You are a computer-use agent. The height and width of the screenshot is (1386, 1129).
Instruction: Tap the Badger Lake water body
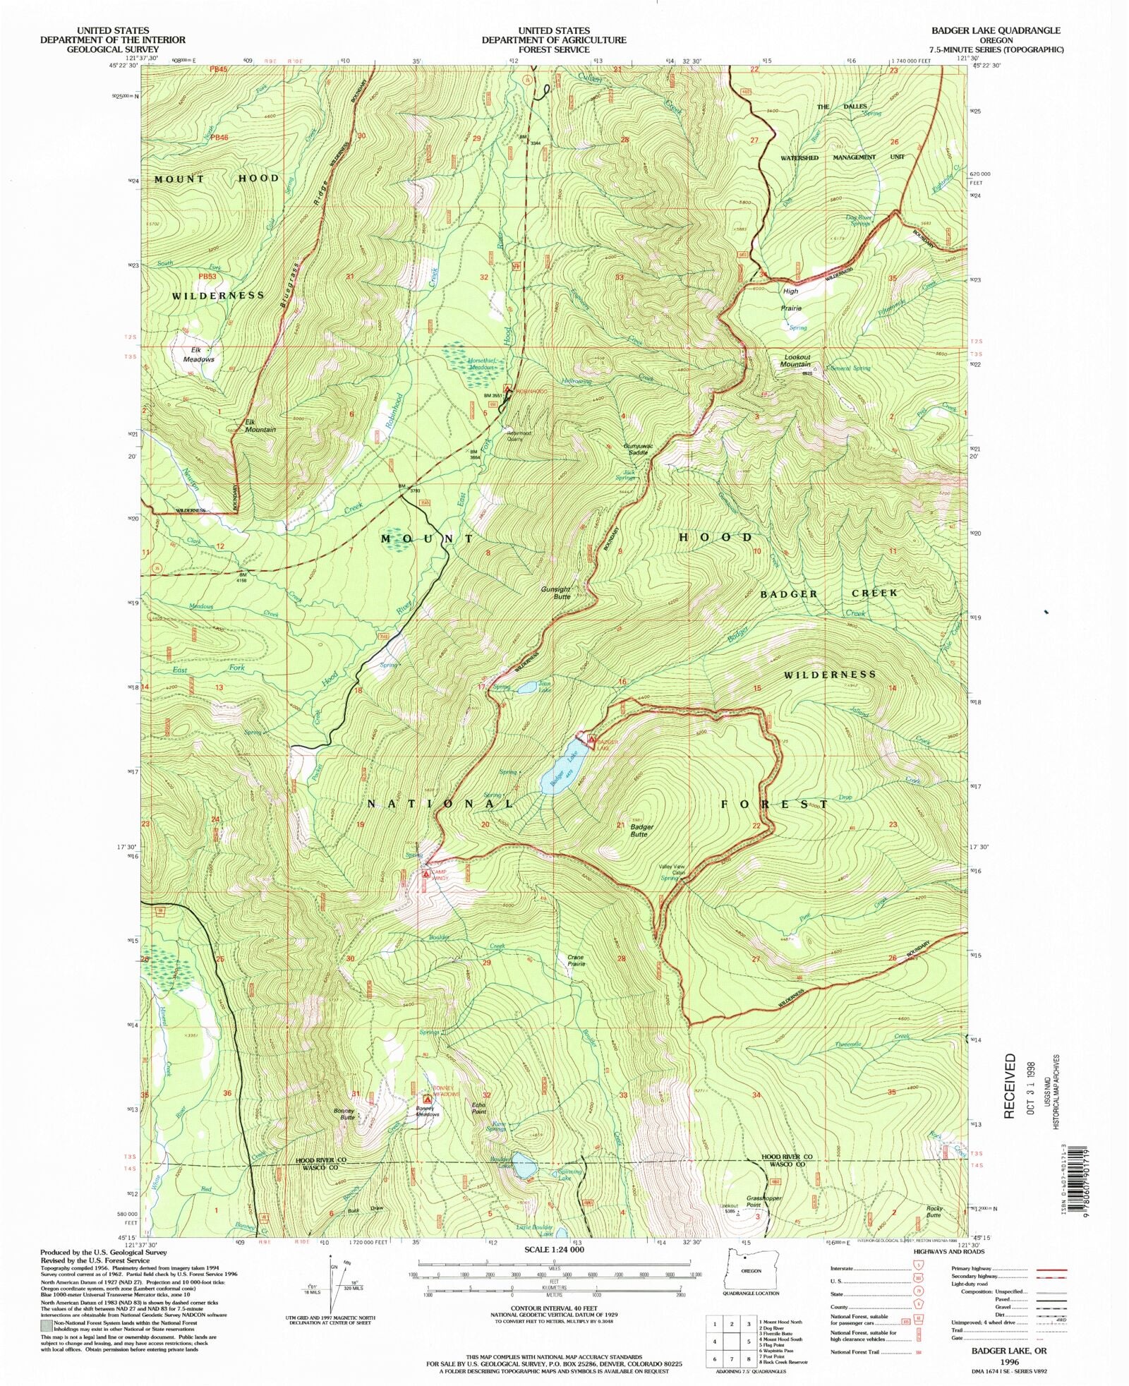click(x=560, y=775)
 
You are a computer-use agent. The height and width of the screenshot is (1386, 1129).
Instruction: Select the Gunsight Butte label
click(x=556, y=592)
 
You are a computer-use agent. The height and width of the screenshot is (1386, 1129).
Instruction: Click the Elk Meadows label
click(x=199, y=354)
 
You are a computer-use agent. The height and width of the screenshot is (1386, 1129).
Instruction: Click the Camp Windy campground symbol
click(x=425, y=874)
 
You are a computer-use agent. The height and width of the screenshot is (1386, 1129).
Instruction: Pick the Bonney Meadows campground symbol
click(x=426, y=1099)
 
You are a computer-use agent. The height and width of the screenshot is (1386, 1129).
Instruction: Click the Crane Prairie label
click(x=576, y=960)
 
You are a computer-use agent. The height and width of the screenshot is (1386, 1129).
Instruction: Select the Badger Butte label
click(x=641, y=830)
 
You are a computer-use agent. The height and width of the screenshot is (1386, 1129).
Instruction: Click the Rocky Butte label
click(x=934, y=1211)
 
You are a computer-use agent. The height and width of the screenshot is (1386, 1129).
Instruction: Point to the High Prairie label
click(x=790, y=299)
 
